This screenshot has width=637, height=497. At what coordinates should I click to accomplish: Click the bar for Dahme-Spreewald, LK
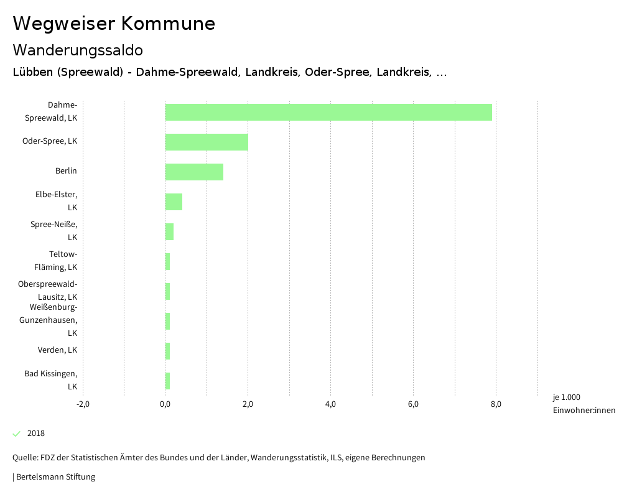tap(328, 112)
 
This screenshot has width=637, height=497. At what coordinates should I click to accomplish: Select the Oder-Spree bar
tap(207, 142)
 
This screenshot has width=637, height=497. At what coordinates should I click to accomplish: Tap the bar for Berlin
tap(194, 172)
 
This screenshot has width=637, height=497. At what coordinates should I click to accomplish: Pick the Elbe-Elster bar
tap(174, 202)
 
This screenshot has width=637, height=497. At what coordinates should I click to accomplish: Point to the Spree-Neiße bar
tap(169, 231)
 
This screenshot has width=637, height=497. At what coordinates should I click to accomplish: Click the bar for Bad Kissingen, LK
tap(167, 381)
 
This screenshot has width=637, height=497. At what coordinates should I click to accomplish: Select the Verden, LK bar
tap(167, 351)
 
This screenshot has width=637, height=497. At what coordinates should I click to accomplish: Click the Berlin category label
tap(66, 171)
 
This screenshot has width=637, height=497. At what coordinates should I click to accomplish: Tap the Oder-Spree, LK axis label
tap(50, 141)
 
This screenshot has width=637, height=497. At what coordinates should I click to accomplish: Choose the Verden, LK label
tap(57, 350)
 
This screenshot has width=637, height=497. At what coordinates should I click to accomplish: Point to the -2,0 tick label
tap(83, 404)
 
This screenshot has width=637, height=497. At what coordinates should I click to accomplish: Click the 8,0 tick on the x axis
tap(496, 404)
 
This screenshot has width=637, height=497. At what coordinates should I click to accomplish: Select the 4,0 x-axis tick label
tap(330, 404)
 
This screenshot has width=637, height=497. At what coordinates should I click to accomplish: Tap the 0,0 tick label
tap(165, 404)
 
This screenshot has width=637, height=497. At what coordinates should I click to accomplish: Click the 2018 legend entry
tap(35, 434)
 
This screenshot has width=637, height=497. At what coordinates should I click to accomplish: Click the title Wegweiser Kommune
tap(114, 24)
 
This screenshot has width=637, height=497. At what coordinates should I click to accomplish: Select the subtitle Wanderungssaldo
tap(78, 50)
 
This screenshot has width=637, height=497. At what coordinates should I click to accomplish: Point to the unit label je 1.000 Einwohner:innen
tap(584, 404)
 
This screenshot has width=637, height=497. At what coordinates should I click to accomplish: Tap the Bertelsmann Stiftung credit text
tap(55, 477)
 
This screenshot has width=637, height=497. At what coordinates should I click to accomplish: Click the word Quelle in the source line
tap(24, 458)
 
